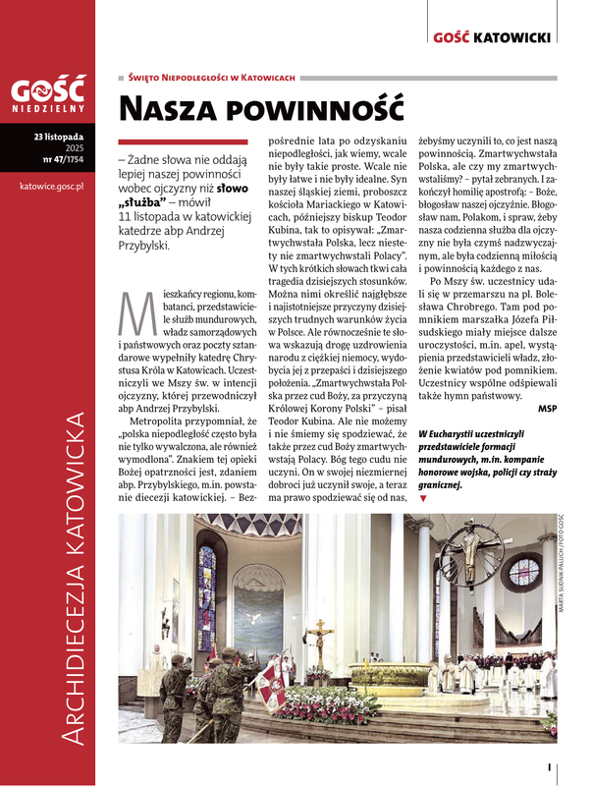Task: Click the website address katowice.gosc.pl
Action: [x=51, y=184]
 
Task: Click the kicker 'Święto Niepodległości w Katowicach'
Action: [x=212, y=77]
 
